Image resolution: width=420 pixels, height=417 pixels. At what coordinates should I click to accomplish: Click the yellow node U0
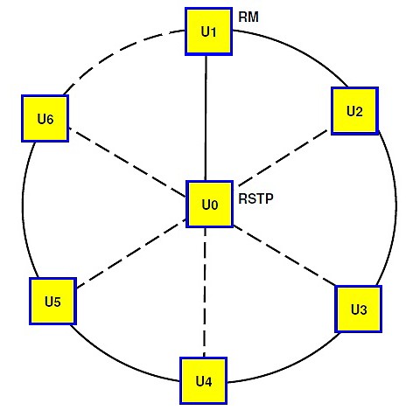pyautogui.click(x=210, y=204)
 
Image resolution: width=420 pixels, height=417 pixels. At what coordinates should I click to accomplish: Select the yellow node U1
pyautogui.click(x=208, y=31)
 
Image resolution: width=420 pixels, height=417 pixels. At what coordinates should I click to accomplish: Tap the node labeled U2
pyautogui.click(x=355, y=111)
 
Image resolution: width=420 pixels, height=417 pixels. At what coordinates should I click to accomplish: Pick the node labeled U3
pyautogui.click(x=359, y=309)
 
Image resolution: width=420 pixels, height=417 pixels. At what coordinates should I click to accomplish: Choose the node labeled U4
pyautogui.click(x=203, y=380)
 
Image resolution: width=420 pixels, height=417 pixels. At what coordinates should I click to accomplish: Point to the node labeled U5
pyautogui.click(x=52, y=301)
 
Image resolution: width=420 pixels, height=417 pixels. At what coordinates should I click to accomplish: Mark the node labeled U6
pyautogui.click(x=45, y=118)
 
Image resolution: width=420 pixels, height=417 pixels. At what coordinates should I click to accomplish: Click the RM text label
pyautogui.click(x=248, y=17)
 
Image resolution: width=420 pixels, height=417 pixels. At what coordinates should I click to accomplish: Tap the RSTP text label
pyautogui.click(x=255, y=198)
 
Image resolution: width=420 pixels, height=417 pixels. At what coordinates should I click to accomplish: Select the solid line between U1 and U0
pyautogui.click(x=206, y=118)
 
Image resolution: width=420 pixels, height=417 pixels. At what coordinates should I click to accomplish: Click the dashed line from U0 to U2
pyautogui.click(x=283, y=159)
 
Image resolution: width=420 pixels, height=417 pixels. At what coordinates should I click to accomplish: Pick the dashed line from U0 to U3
pyautogui.click(x=284, y=255)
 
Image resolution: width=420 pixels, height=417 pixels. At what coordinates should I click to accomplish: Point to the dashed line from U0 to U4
pyautogui.click(x=205, y=292)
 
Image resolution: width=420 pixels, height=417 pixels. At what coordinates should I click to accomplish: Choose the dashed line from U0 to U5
pyautogui.click(x=131, y=254)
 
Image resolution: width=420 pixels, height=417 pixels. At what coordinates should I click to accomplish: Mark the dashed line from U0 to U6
pyautogui.click(x=127, y=163)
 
